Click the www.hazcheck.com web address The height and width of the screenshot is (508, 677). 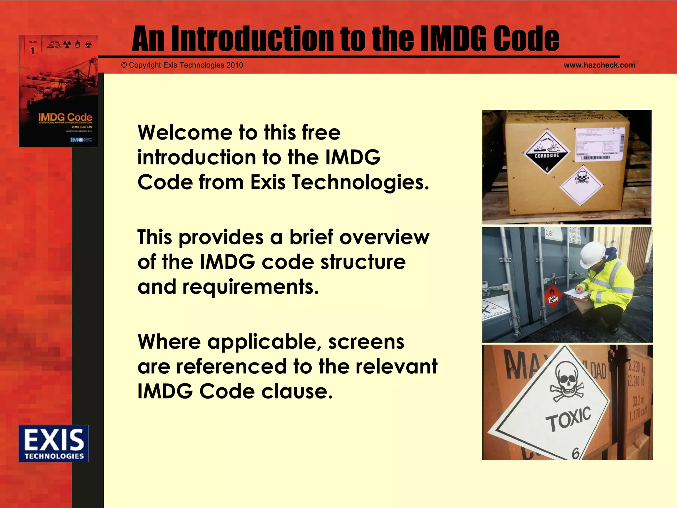[599, 65]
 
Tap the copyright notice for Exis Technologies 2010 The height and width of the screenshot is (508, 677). [182, 65]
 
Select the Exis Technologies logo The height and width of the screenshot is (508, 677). [54, 443]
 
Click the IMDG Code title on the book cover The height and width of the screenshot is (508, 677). [65, 117]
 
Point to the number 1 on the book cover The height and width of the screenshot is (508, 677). [32, 51]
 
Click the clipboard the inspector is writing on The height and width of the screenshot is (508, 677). [575, 295]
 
